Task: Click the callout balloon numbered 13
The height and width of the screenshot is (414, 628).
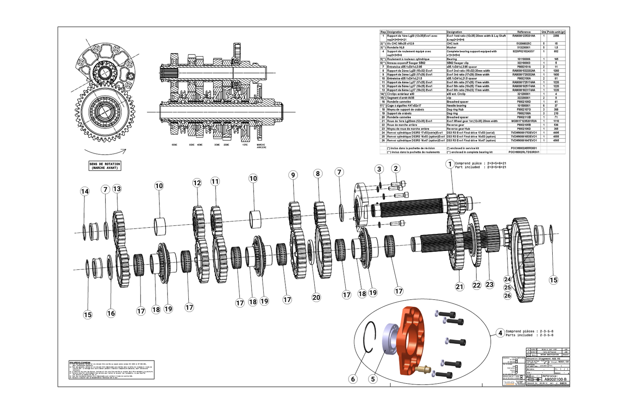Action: pos(117,189)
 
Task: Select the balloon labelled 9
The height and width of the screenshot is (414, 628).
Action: pos(293,175)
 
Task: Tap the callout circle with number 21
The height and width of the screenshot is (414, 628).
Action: pos(460,287)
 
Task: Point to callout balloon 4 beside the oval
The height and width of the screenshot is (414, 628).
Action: pos(500,333)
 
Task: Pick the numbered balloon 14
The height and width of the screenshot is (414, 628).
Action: pos(85,191)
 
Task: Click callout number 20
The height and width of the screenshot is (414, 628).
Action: pos(316,297)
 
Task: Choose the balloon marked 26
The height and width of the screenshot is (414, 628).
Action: pos(508,296)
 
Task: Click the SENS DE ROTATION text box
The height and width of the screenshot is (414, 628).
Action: pos(105,166)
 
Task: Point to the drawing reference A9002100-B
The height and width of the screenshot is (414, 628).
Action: pos(555,379)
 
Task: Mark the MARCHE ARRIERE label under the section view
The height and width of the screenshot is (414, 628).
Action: pos(261,146)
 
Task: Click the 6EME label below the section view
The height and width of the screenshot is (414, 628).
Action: pos(175,145)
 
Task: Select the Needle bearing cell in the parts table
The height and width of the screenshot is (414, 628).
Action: pos(457,106)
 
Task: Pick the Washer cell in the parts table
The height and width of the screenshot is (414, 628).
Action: pos(452,48)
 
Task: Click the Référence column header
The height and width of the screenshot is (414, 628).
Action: pos(524,32)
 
